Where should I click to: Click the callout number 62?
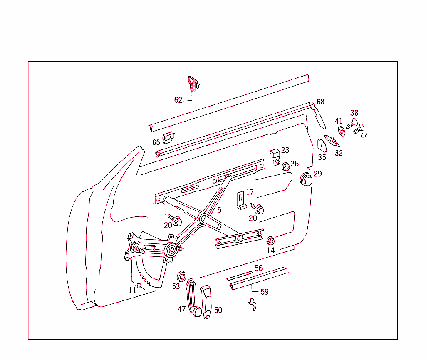coord(178,100)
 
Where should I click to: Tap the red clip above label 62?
coord(192,83)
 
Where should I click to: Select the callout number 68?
coord(320,102)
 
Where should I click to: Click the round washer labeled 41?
coord(341,131)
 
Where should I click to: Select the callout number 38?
coord(354,113)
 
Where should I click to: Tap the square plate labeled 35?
coord(322,145)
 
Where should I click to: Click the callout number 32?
coord(339,153)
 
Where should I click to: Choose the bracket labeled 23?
coord(275,155)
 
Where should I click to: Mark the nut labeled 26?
coord(286,166)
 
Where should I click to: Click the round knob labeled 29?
coord(307,179)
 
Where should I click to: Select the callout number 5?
coord(219,210)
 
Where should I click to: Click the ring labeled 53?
coord(182,276)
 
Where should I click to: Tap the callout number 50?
coord(218,310)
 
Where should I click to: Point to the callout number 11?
coord(132,290)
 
